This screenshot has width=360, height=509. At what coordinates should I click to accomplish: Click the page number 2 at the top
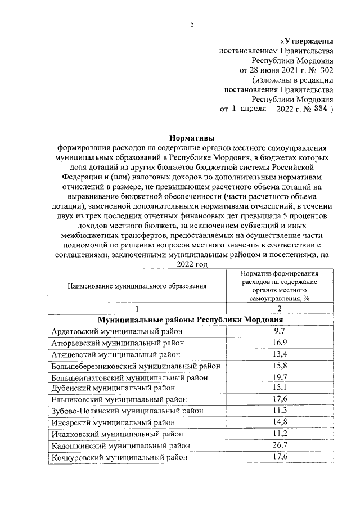click(192, 25)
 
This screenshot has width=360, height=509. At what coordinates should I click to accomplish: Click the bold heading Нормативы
click(192, 137)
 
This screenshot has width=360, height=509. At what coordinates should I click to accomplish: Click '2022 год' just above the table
click(192, 264)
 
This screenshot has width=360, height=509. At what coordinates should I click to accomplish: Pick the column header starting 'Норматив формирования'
click(280, 286)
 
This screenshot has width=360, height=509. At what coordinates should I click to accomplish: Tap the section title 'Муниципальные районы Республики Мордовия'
click(191, 319)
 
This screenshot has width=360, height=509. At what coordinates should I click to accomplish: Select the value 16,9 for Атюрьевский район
click(280, 343)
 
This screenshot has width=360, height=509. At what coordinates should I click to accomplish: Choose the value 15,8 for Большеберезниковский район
click(280, 366)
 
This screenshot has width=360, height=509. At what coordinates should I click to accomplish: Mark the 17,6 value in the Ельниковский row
click(280, 399)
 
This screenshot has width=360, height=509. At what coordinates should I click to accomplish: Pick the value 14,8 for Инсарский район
click(280, 422)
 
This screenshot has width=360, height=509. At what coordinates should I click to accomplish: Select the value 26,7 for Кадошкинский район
click(280, 445)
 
